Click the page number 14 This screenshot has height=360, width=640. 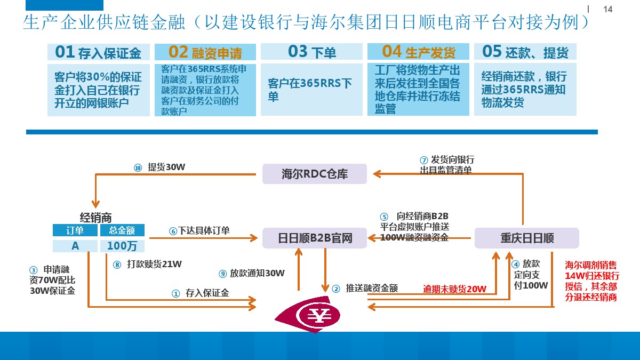[x=607, y=10]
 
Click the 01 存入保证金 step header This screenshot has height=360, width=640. [x=98, y=52]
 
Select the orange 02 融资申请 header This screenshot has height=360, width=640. [x=205, y=52]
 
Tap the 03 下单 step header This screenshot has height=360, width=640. [x=311, y=52]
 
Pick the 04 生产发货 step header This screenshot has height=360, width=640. [x=418, y=52]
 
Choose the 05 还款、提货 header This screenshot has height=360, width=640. [x=525, y=52]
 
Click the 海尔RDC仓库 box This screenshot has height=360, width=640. [x=315, y=174]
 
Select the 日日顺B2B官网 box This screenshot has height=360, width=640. [x=315, y=238]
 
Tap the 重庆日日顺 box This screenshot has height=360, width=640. [x=526, y=238]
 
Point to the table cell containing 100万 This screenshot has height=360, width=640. [x=122, y=246]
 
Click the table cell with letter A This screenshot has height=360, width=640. [x=75, y=246]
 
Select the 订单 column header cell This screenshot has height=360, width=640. [x=75, y=230]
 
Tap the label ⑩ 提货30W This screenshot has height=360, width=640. [x=160, y=167]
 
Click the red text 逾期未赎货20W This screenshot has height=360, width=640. [x=454, y=289]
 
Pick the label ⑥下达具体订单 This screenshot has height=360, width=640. [x=199, y=231]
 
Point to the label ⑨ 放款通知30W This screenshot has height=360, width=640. [x=252, y=274]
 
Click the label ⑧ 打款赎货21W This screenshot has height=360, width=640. [x=148, y=264]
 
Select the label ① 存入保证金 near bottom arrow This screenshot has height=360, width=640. [x=200, y=293]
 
